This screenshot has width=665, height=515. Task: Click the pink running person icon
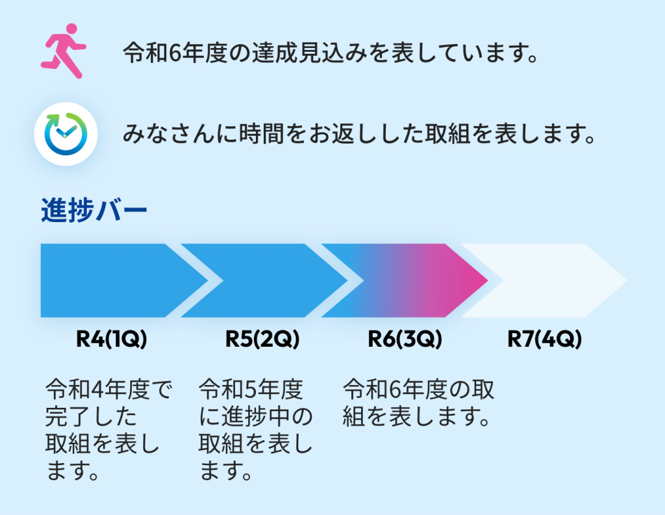tap(63, 51)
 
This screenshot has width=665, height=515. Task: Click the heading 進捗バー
tap(94, 211)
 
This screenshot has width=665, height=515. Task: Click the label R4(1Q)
tap(112, 339)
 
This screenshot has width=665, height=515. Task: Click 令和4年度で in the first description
tap(108, 390)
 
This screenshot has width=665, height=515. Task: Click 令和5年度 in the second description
tap(251, 390)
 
